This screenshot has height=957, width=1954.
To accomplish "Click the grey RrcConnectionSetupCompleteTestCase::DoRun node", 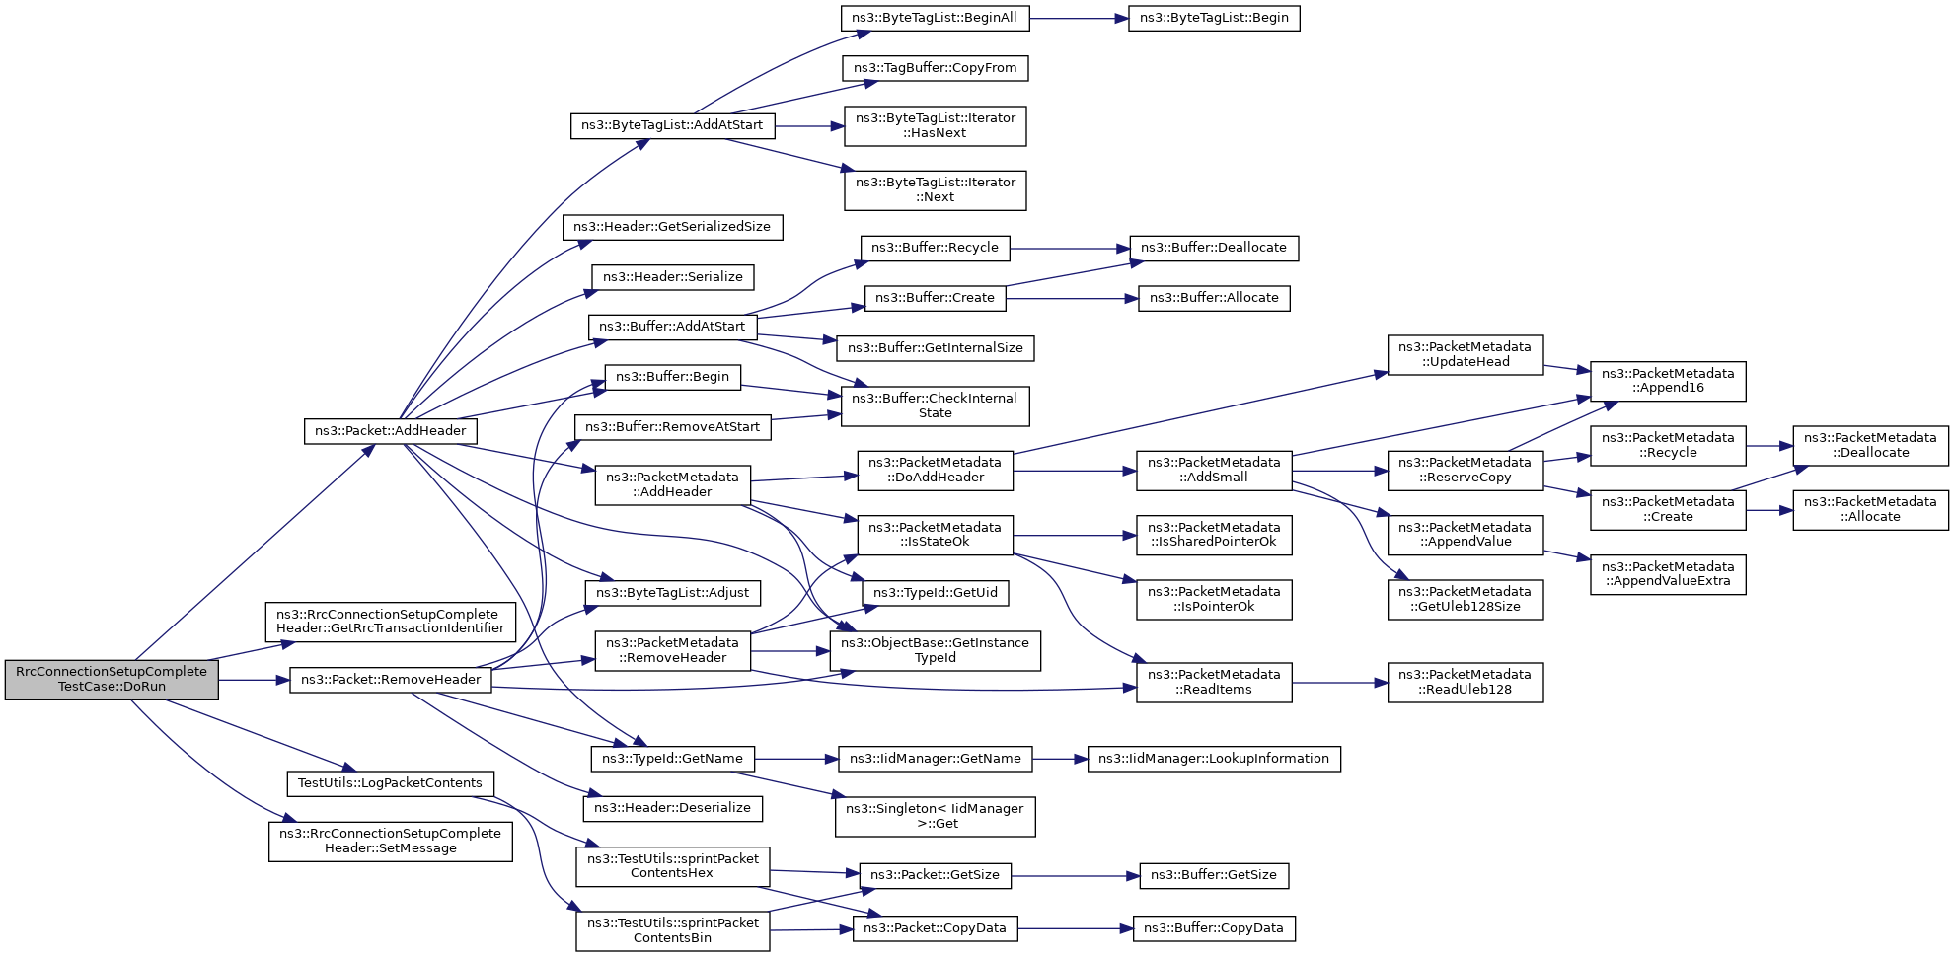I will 112,680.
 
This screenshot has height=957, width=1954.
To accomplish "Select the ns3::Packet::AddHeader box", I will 391,431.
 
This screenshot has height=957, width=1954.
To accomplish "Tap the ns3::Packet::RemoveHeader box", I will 391,680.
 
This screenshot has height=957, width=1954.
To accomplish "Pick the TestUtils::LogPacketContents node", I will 390,783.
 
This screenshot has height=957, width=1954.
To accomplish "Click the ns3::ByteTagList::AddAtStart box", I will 672,126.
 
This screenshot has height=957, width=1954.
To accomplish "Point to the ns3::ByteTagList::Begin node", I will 1214,18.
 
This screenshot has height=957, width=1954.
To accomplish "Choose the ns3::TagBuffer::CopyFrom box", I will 935,68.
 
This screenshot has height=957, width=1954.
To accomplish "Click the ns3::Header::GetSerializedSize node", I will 672,227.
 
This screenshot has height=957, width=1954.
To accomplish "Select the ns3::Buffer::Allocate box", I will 1214,298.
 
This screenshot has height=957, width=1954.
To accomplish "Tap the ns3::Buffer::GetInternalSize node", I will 935,348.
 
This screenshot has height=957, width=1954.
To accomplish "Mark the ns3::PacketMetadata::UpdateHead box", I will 1465,355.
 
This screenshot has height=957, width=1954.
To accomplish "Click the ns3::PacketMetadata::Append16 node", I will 1667,381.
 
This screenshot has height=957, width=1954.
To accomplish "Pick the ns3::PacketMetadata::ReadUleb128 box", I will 1465,682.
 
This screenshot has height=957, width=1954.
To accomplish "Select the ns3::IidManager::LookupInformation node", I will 1214,759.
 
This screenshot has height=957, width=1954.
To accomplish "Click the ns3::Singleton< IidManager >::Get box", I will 935,816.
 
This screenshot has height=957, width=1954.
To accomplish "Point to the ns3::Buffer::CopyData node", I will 1213,928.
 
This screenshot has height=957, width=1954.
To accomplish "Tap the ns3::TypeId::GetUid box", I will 935,593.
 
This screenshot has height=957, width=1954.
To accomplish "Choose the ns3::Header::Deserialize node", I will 672,808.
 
